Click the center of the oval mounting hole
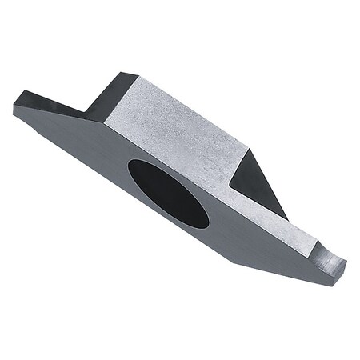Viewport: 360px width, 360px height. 168,192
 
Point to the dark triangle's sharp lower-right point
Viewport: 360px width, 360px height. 286,219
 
